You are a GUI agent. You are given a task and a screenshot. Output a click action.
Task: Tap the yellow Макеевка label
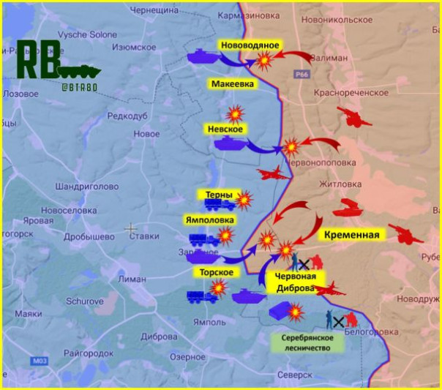(233, 84)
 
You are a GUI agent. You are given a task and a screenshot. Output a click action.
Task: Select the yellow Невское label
(225, 129)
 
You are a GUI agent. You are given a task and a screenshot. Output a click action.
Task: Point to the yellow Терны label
(219, 195)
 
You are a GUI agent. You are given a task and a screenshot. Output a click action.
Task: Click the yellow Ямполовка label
(211, 220)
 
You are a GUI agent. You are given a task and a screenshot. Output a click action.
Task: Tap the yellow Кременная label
(353, 235)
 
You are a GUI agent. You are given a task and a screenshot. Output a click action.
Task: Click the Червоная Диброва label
(296, 282)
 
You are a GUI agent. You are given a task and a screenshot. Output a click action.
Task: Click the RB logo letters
(37, 61)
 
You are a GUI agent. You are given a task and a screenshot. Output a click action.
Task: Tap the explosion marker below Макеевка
(236, 113)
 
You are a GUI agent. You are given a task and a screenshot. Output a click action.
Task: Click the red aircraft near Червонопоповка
(271, 173)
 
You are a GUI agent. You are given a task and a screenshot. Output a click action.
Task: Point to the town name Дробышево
(92, 236)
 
